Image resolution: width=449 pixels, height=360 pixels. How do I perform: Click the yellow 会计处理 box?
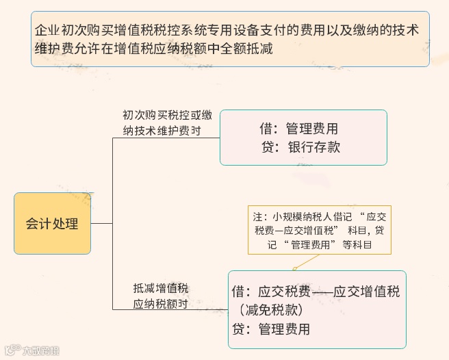[x=52, y=224]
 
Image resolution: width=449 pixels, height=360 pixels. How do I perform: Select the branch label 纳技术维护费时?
[x=162, y=131]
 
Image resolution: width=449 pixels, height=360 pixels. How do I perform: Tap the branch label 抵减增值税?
[x=160, y=288]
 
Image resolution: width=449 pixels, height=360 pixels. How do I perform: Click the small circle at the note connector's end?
[x=295, y=268]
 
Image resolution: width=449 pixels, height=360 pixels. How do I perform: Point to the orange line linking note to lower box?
[x=308, y=261]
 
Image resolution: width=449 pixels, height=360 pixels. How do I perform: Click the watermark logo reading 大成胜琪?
[x=33, y=350]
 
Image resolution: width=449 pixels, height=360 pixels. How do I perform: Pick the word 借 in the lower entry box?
[x=239, y=292]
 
